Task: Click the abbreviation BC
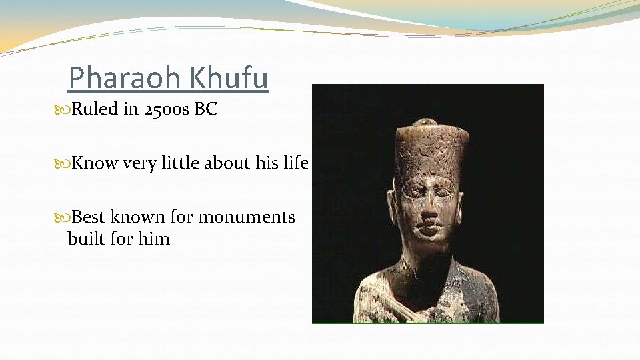click(x=205, y=109)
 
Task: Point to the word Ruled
click(x=95, y=109)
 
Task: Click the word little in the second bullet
click(x=175, y=163)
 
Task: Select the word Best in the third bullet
click(x=89, y=217)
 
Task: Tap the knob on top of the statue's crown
click(x=424, y=124)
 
